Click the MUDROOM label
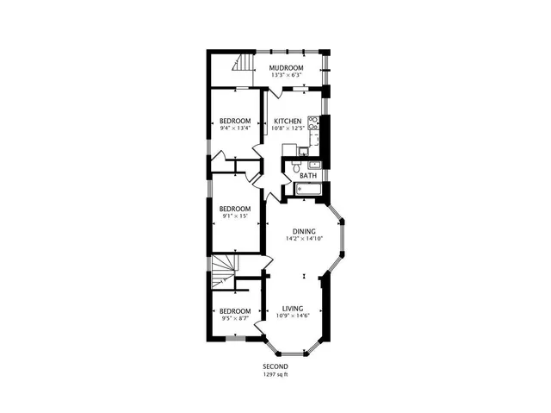pos(286,67)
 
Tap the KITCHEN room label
pos(287,122)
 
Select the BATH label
pos(307,176)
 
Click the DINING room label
pos(303,231)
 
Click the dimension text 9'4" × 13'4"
pos(234,128)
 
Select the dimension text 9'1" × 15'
pos(233,216)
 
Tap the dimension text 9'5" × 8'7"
pos(234,318)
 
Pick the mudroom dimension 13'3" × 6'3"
pos(286,75)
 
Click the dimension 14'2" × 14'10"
pos(303,239)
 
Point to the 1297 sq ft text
pos(275,374)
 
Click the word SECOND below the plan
pos(275,366)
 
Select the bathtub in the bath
pos(308,190)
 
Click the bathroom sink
pos(315,164)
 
